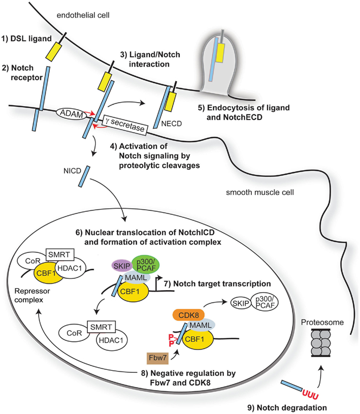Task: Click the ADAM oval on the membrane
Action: click(x=72, y=114)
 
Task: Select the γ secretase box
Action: click(x=124, y=125)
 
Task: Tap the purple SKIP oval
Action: click(x=122, y=266)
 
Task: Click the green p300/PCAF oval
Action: click(x=145, y=264)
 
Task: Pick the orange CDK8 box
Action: click(x=188, y=315)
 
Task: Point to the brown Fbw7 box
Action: click(x=157, y=358)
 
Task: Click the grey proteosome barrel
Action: click(x=321, y=342)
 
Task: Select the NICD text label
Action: click(x=72, y=171)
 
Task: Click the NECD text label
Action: click(x=172, y=123)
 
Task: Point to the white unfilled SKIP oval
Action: click(x=241, y=303)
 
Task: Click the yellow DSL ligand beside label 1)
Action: click(x=54, y=52)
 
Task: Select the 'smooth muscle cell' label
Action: click(x=259, y=193)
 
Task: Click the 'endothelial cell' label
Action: click(x=83, y=15)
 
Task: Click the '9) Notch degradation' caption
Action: click(x=287, y=408)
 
